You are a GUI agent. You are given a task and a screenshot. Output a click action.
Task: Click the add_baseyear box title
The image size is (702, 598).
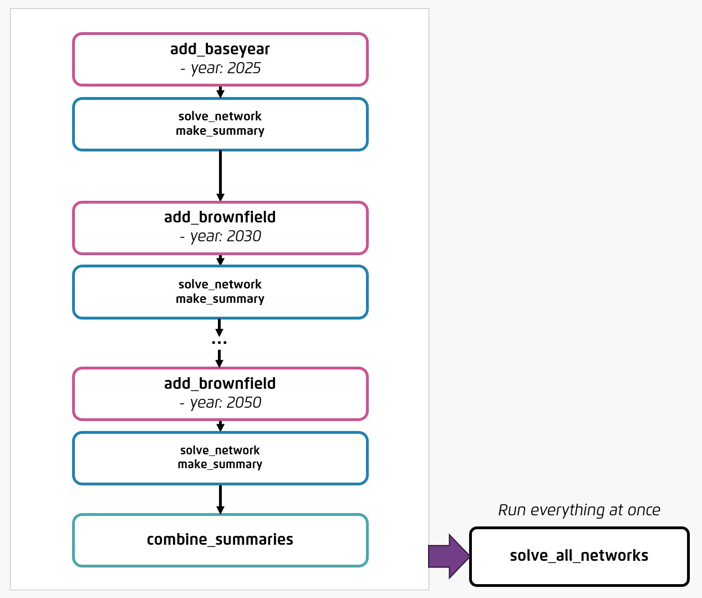click(220, 49)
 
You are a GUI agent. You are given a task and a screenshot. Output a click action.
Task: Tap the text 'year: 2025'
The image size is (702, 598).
click(225, 68)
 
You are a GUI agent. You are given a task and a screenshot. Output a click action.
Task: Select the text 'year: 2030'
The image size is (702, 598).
click(225, 236)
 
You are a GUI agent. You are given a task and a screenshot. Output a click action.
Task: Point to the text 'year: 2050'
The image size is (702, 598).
click(225, 403)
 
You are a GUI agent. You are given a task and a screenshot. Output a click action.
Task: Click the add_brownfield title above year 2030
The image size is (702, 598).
click(220, 217)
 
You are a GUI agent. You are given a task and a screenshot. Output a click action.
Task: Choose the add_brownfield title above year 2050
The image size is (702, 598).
click(220, 384)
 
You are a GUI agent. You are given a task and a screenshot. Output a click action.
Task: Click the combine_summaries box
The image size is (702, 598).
click(220, 540)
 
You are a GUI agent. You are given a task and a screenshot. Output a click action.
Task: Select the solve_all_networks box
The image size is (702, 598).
click(579, 556)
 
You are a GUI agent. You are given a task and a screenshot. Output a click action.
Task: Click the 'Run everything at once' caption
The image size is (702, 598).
click(579, 510)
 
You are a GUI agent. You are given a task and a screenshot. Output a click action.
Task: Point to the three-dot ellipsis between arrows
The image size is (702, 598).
click(219, 343)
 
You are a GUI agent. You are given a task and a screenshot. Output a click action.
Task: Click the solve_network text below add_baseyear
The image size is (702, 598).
click(220, 116)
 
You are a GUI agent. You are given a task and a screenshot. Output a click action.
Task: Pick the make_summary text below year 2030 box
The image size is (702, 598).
click(220, 299)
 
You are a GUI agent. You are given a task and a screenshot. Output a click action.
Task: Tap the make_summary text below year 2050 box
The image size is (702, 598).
click(220, 464)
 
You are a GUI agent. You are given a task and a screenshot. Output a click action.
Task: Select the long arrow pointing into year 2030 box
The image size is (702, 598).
click(220, 175)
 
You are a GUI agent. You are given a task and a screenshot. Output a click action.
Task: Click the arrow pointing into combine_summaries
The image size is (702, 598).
click(220, 499)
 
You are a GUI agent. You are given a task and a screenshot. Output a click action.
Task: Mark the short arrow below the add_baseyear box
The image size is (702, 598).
click(220, 92)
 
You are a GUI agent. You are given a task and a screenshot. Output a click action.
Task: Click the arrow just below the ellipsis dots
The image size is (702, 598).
click(219, 358)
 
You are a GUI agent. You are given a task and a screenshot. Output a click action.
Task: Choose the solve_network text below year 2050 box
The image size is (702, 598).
click(220, 450)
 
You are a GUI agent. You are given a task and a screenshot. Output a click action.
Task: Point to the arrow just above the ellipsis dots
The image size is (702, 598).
click(219, 327)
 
